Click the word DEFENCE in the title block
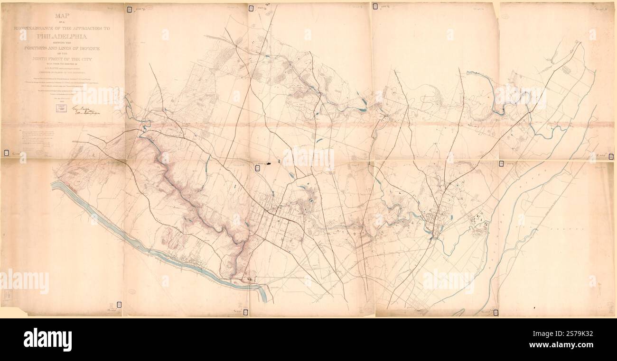point(87,49)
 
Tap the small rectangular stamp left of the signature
point(60,108)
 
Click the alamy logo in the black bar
point(47,339)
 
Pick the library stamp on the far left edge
point(6,153)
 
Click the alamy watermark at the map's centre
point(308,159)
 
